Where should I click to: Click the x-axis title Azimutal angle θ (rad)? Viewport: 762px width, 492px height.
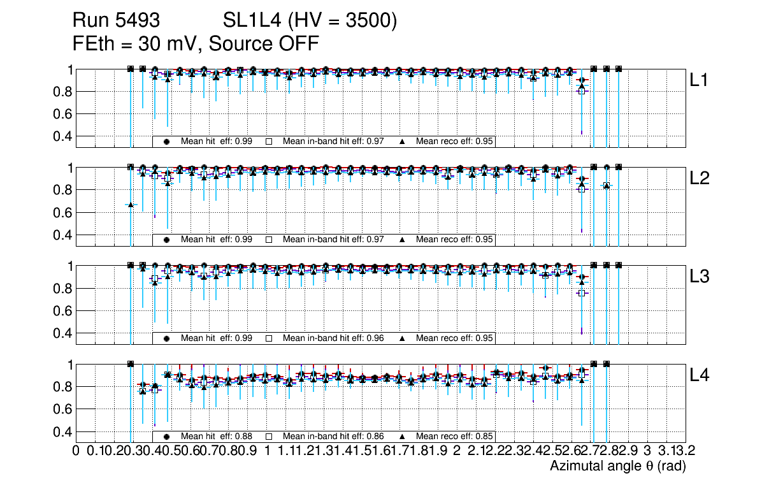point(617,467)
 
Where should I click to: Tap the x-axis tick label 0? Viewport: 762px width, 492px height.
point(76,451)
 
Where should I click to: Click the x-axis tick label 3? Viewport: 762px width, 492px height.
point(647,451)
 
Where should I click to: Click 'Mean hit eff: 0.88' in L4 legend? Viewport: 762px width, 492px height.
point(217,437)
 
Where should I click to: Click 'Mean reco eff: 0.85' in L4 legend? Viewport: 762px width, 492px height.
point(454,437)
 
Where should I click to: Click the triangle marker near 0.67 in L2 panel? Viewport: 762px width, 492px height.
point(131,204)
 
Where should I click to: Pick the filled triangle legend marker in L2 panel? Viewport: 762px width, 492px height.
point(403,240)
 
